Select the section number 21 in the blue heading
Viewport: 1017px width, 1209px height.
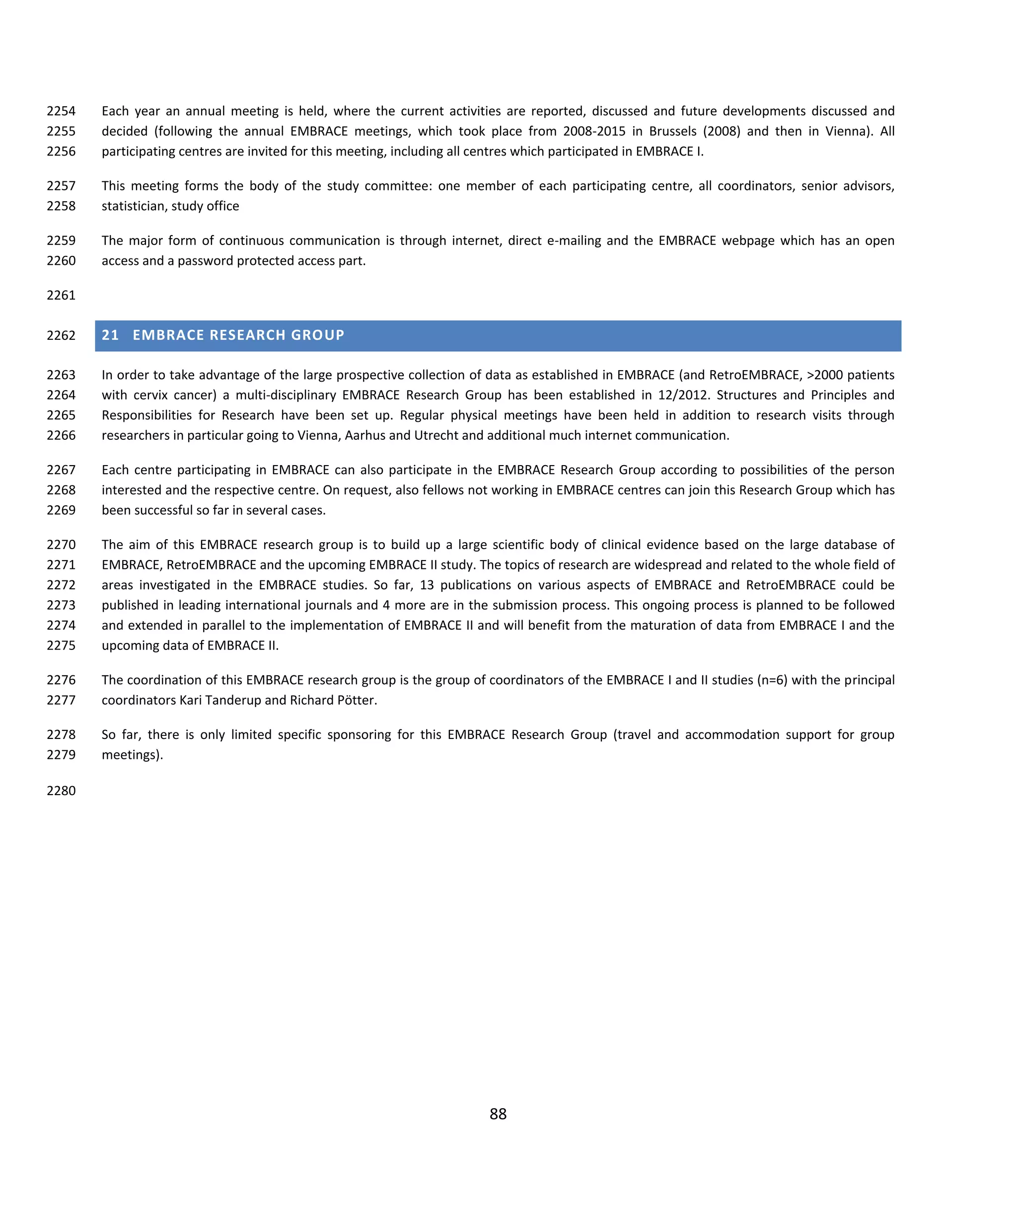tap(110, 335)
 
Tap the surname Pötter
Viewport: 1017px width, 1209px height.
tap(354, 700)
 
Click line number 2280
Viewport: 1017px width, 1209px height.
tap(61, 791)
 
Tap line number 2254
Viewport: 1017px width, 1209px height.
tap(61, 111)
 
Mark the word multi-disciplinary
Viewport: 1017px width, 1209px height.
tap(286, 395)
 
